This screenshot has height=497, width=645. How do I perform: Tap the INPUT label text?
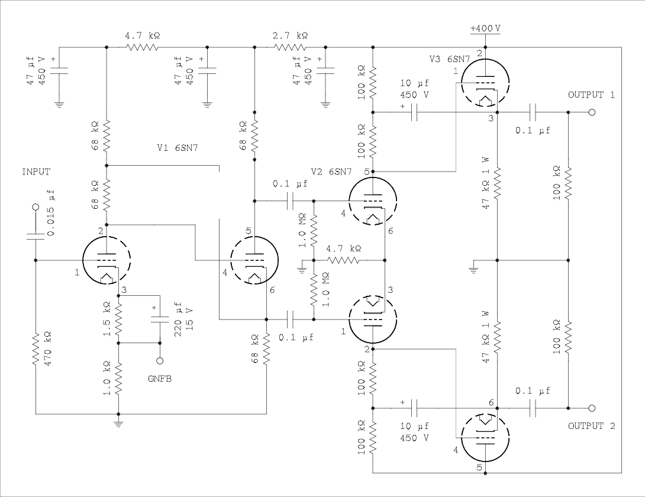36,172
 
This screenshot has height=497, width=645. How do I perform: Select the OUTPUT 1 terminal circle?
591,112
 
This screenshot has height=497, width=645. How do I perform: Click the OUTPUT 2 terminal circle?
591,408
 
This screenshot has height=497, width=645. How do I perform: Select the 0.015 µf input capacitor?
36,236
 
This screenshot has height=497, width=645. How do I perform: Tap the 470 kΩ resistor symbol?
36,349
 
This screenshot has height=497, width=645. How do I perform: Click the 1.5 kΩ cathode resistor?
118,319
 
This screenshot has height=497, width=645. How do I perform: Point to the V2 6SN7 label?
331,172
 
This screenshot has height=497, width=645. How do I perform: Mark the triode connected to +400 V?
485,83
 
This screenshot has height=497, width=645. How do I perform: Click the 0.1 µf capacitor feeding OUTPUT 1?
533,112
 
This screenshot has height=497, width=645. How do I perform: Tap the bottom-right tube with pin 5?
485,438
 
